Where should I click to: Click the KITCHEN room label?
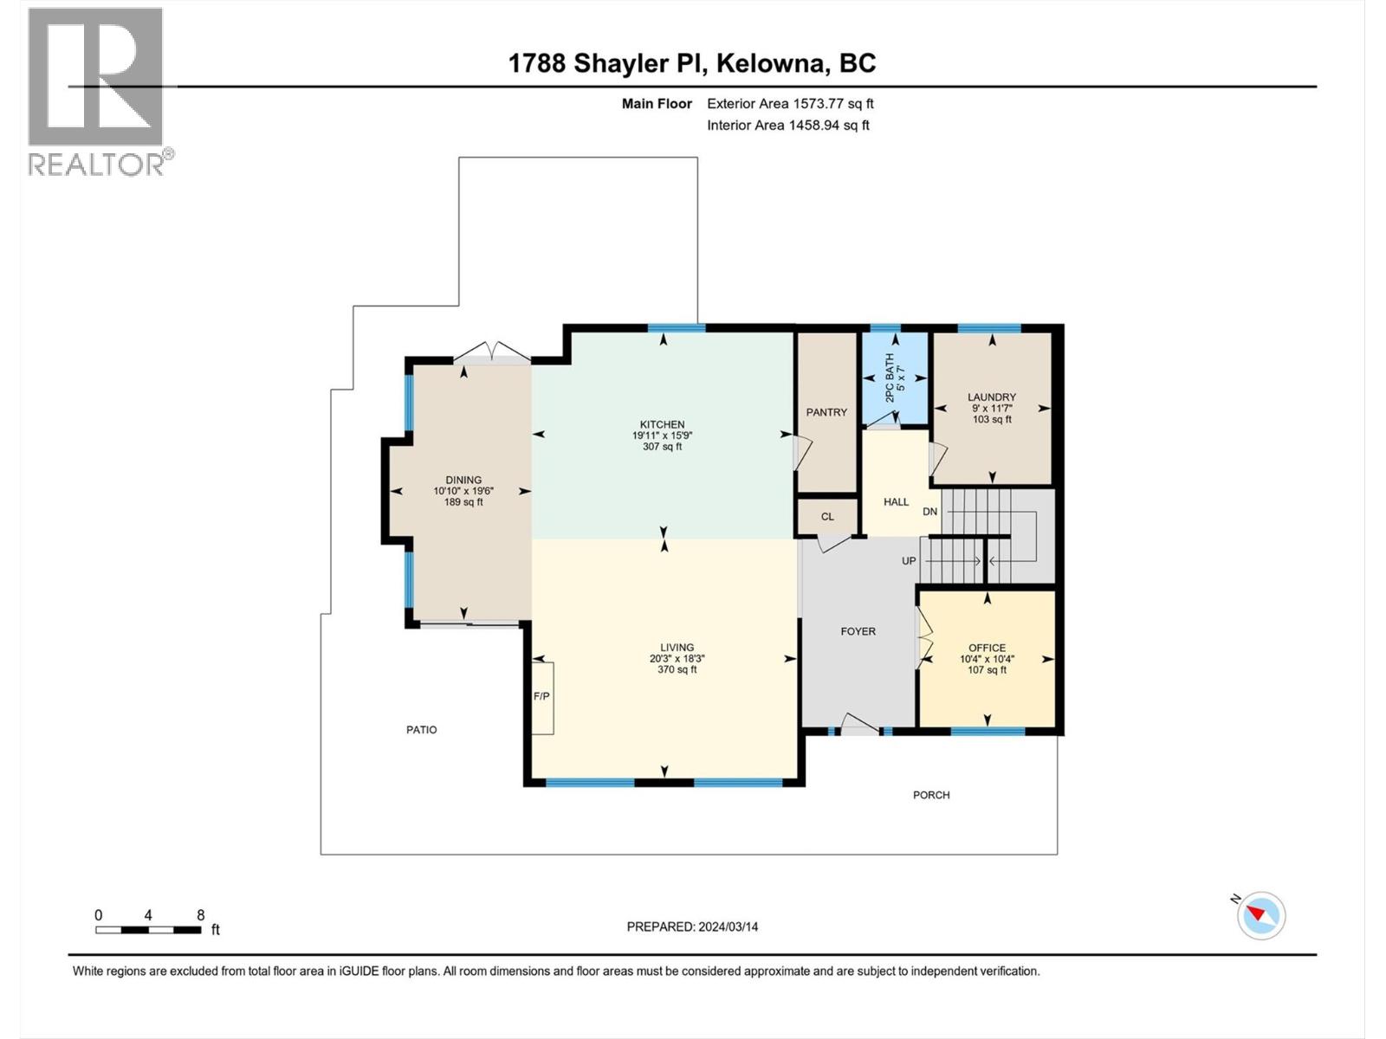(662, 424)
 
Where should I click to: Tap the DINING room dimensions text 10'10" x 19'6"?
(463, 491)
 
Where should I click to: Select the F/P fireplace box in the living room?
(542, 697)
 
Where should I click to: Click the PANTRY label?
(826, 412)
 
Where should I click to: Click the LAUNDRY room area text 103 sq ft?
(992, 420)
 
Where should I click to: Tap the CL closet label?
(827, 517)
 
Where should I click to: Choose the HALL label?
(896, 502)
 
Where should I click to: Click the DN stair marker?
(929, 512)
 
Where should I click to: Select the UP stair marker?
(909, 561)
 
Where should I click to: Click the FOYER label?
(858, 631)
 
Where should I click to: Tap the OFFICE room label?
(987, 648)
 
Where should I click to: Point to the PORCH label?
(931, 795)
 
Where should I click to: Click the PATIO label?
(422, 730)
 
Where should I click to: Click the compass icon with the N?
(1261, 915)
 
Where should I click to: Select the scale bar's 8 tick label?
(200, 915)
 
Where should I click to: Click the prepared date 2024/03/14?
(727, 926)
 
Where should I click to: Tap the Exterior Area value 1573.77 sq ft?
(833, 104)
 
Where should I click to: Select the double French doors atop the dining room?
(492, 352)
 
